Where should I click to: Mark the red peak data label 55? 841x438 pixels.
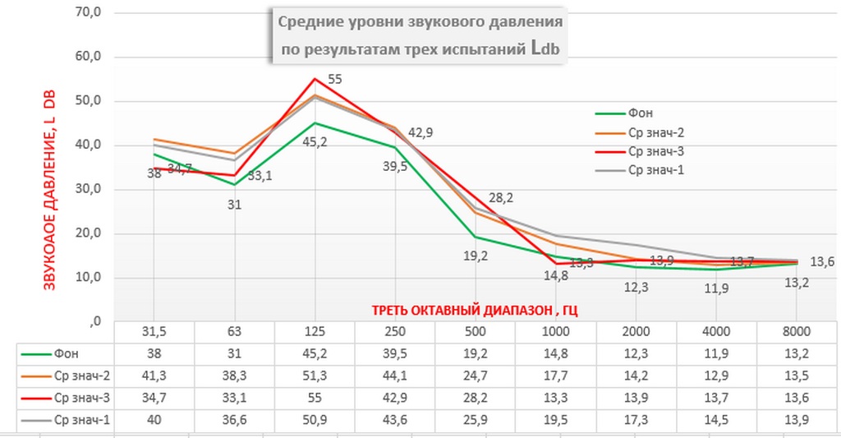click(x=334, y=80)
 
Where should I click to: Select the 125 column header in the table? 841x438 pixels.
click(x=315, y=332)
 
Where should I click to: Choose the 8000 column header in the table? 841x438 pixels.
click(x=797, y=332)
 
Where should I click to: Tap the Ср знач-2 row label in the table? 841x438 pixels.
click(x=81, y=376)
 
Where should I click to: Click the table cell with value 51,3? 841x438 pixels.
click(x=315, y=376)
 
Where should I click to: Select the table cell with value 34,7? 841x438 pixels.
click(x=154, y=399)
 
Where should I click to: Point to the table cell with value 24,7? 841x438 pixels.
click(x=475, y=376)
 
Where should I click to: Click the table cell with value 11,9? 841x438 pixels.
click(x=716, y=354)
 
